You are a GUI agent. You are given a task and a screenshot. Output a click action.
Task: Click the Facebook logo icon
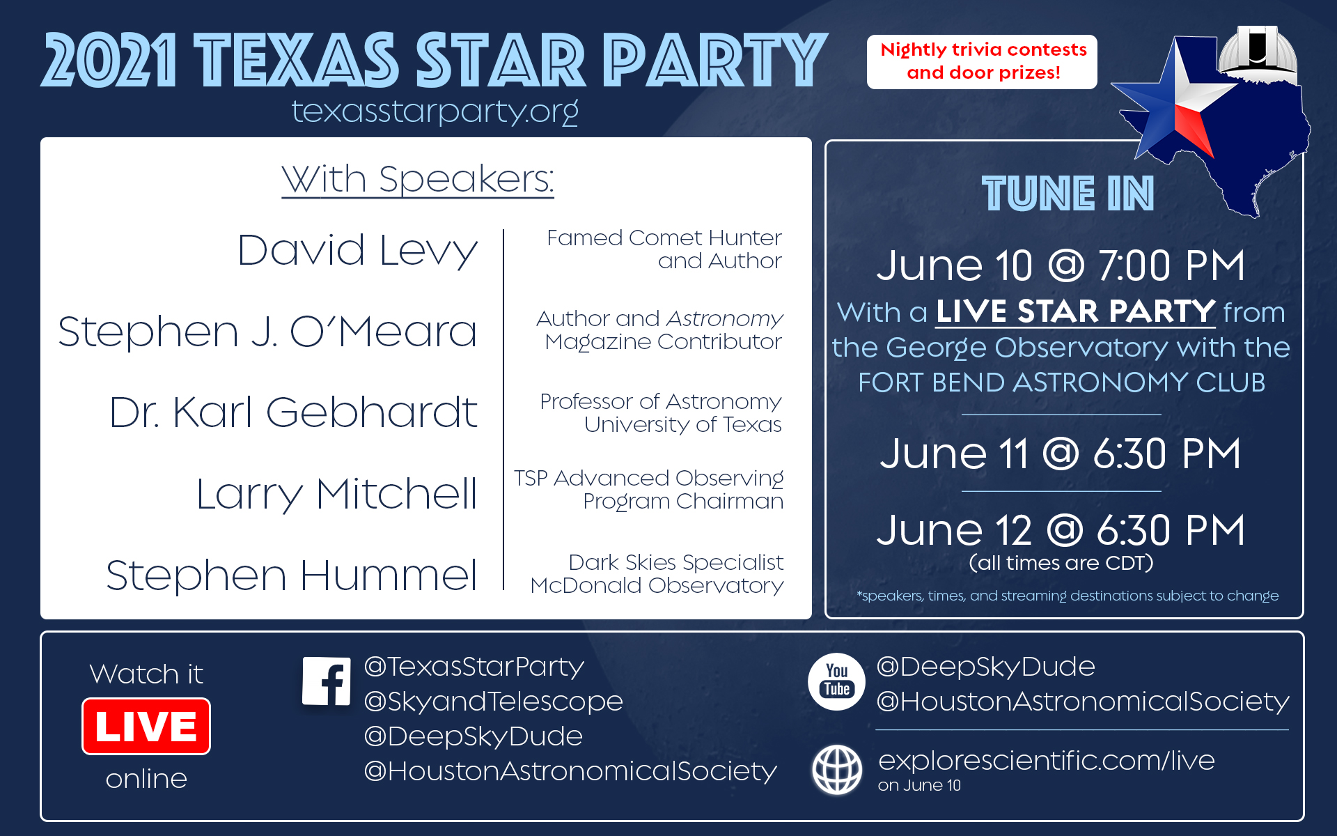tap(327, 681)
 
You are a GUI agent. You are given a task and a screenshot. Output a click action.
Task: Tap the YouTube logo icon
tap(836, 681)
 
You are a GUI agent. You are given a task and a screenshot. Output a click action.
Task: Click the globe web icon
tap(837, 770)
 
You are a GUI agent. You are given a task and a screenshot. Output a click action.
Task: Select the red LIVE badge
tap(146, 726)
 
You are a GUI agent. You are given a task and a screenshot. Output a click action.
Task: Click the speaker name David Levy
tap(357, 251)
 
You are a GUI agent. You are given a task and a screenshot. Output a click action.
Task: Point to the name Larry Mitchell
tap(337, 495)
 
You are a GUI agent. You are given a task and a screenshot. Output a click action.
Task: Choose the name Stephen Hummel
tap(292, 575)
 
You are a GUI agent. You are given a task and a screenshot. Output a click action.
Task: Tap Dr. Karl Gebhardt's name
tap(293, 412)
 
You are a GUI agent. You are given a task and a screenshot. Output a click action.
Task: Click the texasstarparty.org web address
tap(435, 111)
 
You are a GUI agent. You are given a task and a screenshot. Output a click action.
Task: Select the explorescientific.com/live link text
tap(1047, 760)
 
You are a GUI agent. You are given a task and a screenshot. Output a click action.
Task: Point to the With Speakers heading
tap(418, 180)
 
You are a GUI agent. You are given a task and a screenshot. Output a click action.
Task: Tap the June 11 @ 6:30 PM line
tap(1061, 454)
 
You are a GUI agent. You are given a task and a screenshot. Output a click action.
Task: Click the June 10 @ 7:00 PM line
tap(1061, 265)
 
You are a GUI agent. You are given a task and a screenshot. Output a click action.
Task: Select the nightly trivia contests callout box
tap(982, 62)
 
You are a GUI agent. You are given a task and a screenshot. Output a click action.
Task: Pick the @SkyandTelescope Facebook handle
tap(494, 702)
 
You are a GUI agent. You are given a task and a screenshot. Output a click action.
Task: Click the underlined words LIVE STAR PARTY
tap(1075, 311)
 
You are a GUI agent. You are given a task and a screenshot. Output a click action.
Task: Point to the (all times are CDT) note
tap(1061, 563)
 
